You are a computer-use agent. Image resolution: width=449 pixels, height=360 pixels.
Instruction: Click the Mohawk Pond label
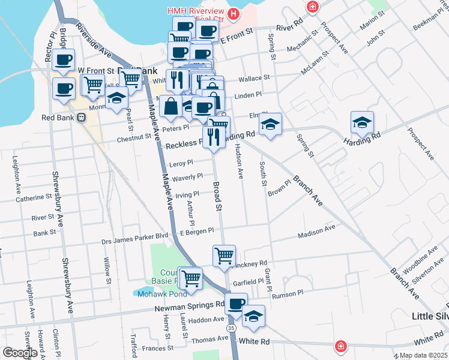[155, 295]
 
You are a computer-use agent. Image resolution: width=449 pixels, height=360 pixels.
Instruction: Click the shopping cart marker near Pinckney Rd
[224, 256]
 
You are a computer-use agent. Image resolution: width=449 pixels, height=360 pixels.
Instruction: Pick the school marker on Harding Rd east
[362, 122]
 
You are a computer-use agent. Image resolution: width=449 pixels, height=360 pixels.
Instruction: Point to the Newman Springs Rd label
[190, 305]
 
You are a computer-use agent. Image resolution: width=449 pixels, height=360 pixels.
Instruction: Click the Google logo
[19, 353]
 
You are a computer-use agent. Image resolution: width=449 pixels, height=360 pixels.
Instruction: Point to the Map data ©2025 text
[423, 355]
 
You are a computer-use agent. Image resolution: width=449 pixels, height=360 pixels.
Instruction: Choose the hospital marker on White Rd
[340, 347]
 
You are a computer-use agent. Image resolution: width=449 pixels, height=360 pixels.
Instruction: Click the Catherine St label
[34, 197]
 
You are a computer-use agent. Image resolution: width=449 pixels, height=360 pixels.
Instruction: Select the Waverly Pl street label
[187, 177]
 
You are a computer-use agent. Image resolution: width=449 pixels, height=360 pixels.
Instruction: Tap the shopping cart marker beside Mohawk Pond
[190, 278]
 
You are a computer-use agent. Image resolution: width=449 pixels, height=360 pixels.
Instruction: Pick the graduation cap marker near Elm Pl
[270, 124]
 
